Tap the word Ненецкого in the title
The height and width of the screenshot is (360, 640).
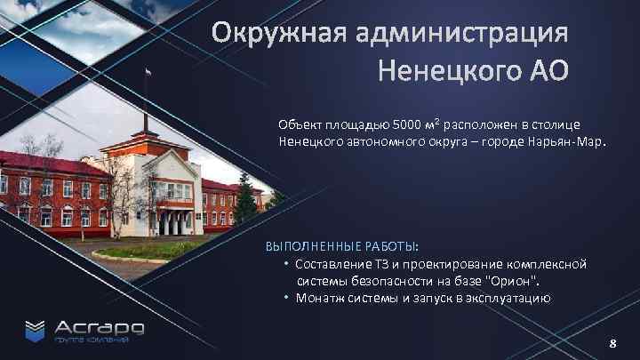444,69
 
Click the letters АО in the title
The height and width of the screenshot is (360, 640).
546,69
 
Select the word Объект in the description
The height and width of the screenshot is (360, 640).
300,124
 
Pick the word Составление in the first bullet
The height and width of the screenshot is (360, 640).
334,264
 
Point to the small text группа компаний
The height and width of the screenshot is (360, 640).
92,340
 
